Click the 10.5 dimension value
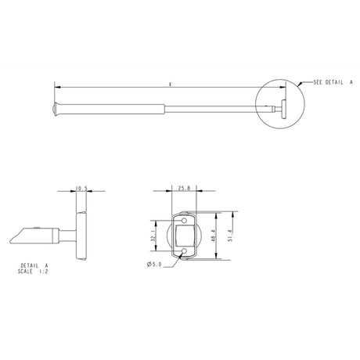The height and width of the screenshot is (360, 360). click(81, 189)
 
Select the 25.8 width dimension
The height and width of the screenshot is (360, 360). click(183, 189)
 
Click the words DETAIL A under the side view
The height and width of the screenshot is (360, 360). click(35, 267)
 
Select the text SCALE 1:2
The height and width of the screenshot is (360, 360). click(35, 273)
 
